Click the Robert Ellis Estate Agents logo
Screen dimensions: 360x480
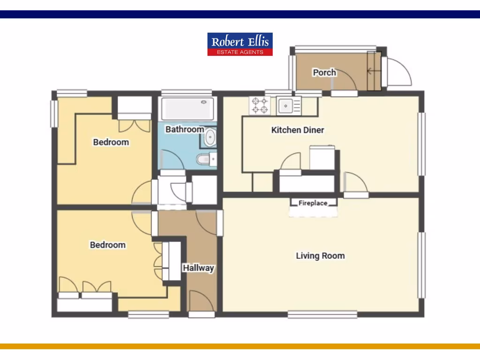point(240,44)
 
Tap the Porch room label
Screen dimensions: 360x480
point(324,72)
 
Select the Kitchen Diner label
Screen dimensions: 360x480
point(298,130)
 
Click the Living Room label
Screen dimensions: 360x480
point(320,255)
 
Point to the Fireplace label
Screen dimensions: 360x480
point(313,203)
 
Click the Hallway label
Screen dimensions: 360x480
point(198,268)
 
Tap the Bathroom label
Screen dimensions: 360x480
point(185,129)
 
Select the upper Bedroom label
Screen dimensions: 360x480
point(111,142)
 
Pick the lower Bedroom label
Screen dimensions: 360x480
point(108,245)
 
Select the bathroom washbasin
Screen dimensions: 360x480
point(210,139)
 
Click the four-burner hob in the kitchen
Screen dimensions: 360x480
point(260,105)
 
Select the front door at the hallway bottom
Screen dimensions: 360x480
point(202,302)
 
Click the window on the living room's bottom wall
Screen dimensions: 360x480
point(313,314)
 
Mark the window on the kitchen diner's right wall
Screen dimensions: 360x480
point(421,144)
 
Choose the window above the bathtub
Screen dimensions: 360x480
point(187,93)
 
